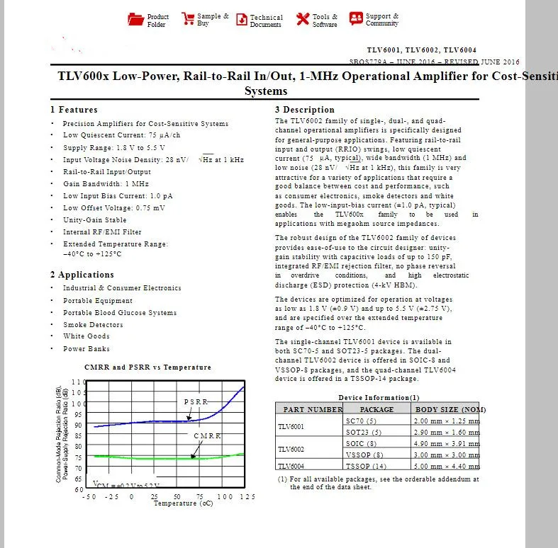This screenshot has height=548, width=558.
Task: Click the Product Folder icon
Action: pos(135,19)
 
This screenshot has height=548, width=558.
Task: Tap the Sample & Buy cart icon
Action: pos(187,19)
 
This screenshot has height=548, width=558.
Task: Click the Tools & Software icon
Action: pos(302,19)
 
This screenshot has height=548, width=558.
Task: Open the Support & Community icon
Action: pos(356,19)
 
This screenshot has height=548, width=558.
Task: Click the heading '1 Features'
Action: pos(74,110)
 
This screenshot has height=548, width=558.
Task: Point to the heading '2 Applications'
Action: pos(82,275)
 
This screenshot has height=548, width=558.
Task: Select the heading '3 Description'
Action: pos(304,110)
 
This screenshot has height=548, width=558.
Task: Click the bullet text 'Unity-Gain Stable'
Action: pos(95,220)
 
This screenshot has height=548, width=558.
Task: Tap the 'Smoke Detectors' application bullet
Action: pos(93,325)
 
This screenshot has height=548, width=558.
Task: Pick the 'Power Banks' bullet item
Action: pos(85,349)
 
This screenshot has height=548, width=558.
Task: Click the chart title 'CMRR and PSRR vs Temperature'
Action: pos(147,367)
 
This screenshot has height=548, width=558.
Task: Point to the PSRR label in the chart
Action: pos(196,402)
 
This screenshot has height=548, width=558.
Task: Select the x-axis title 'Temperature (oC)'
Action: pos(184,503)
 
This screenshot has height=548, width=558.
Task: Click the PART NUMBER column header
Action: pos(313,409)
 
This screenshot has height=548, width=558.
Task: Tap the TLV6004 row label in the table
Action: pos(291,466)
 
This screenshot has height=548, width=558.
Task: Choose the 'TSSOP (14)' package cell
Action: pos(366,466)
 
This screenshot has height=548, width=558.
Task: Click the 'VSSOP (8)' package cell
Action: pos(364,455)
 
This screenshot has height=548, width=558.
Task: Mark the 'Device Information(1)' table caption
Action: pos(379,397)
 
